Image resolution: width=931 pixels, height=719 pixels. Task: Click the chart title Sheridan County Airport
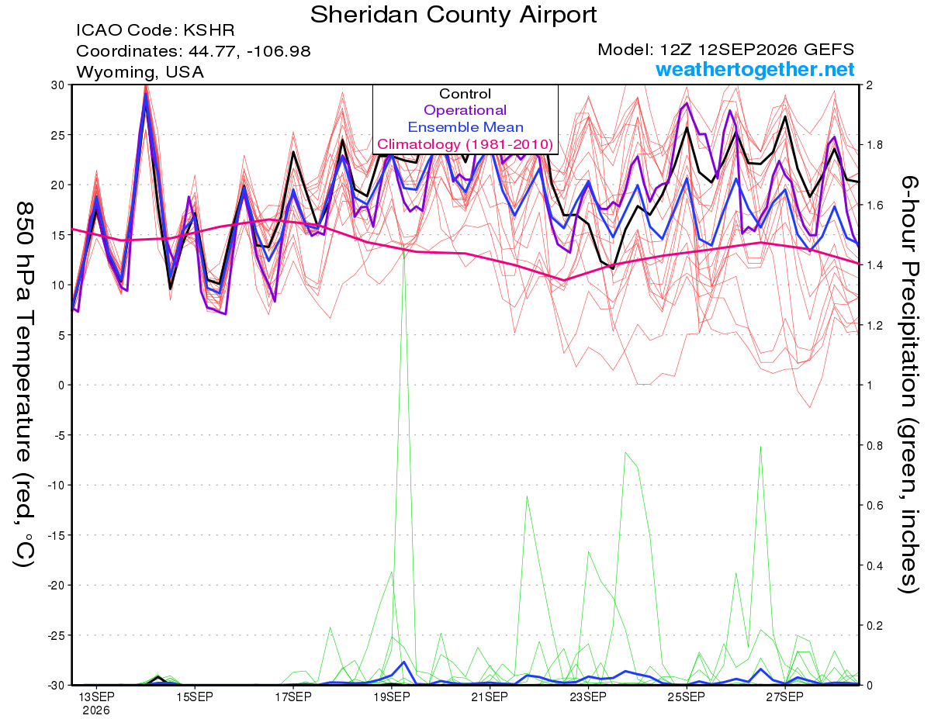(x=453, y=16)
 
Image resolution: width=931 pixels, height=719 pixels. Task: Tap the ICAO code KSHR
(x=209, y=30)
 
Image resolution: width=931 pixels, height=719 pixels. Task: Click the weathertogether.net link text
(x=755, y=69)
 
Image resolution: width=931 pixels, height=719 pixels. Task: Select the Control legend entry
(x=465, y=94)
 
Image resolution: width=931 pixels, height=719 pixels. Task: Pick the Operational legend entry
(x=465, y=110)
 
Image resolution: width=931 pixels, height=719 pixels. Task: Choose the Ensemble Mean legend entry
(x=465, y=127)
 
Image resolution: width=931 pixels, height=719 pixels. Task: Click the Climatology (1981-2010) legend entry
(x=465, y=144)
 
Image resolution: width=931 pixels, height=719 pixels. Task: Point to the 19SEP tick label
(x=392, y=697)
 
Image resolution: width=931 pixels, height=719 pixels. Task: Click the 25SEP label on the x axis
(x=687, y=697)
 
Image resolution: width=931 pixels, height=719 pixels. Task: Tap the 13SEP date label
(x=96, y=697)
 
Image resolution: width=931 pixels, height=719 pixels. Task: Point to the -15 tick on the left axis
(x=56, y=535)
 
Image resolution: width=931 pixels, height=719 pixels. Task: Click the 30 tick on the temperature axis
(x=58, y=85)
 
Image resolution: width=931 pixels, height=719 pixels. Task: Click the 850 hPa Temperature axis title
(x=24, y=385)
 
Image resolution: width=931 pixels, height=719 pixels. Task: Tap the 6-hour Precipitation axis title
(x=909, y=384)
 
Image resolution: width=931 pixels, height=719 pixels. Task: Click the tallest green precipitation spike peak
(x=403, y=245)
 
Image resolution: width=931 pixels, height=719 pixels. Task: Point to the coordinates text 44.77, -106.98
(x=249, y=51)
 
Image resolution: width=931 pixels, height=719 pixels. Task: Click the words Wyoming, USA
(x=140, y=72)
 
